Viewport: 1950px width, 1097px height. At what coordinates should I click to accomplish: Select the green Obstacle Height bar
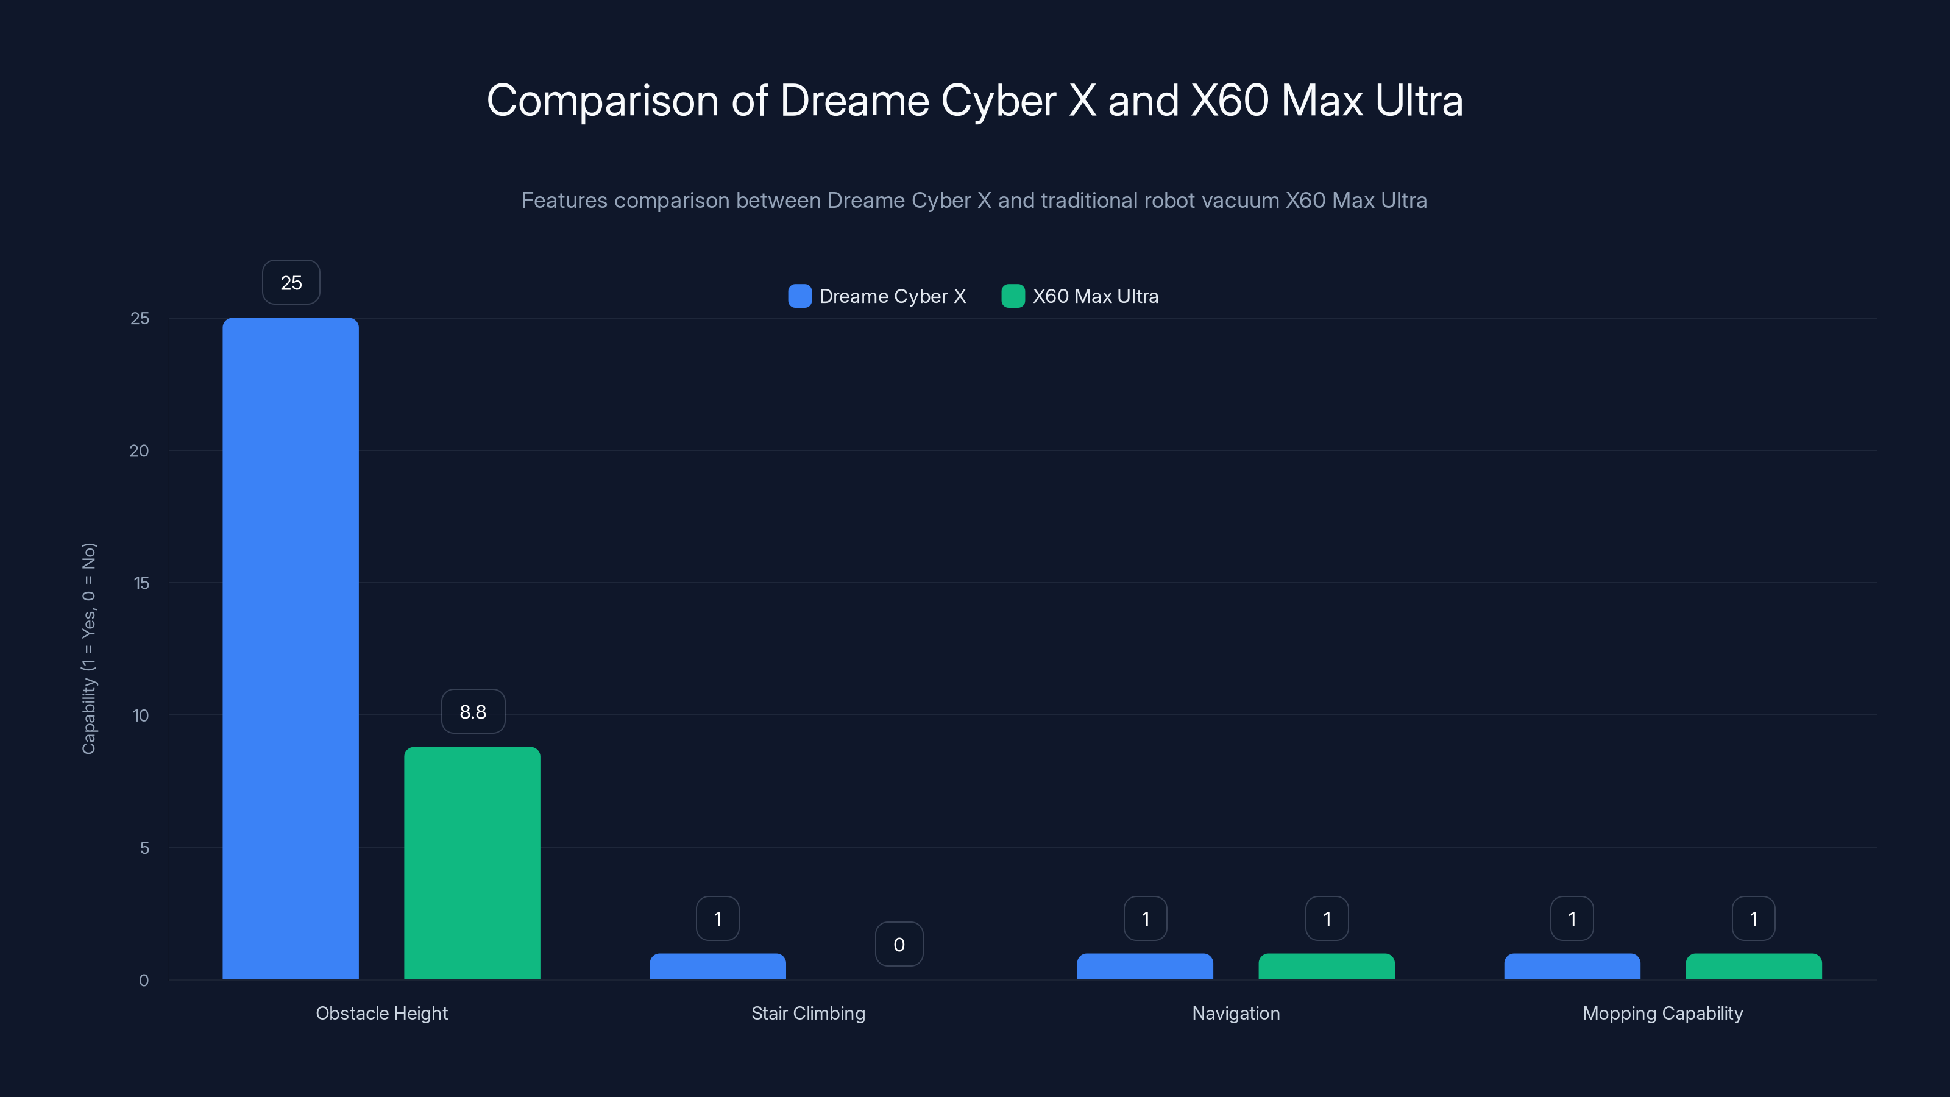click(x=472, y=863)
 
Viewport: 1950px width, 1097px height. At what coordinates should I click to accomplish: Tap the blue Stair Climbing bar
click(x=718, y=967)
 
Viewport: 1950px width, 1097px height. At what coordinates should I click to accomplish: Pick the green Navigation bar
click(x=1326, y=967)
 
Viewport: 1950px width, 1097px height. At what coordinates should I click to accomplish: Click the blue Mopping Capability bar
click(x=1572, y=967)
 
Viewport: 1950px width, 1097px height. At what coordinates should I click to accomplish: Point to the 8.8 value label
click(x=473, y=712)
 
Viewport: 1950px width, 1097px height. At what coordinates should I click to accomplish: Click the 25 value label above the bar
click(x=291, y=282)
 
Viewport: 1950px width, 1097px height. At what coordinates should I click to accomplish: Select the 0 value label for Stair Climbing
click(x=899, y=944)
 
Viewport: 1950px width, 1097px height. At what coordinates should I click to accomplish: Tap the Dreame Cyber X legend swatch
click(x=799, y=296)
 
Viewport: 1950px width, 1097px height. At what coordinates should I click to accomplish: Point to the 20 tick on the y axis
click(x=140, y=450)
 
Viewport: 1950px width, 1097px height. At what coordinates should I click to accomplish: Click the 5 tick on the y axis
click(x=144, y=848)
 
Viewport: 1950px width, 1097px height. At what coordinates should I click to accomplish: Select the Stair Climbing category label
click(x=807, y=1013)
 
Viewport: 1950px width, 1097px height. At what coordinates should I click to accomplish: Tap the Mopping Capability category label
click(x=1662, y=1013)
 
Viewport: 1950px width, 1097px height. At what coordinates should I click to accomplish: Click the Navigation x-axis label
click(x=1235, y=1013)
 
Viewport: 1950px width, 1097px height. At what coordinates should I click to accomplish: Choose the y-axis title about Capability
click(x=88, y=648)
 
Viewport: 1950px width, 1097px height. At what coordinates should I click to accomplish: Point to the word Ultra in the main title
click(x=1419, y=101)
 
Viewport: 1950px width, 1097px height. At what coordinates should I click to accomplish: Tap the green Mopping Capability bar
click(x=1753, y=967)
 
